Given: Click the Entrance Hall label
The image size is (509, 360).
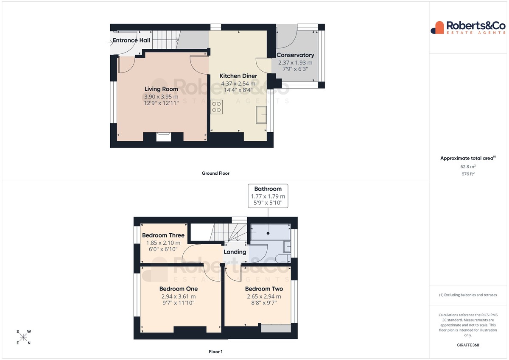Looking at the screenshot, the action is click(x=131, y=40).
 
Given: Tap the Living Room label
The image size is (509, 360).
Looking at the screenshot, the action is click(x=161, y=89).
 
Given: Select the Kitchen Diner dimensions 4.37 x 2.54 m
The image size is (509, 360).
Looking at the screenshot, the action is click(x=238, y=84).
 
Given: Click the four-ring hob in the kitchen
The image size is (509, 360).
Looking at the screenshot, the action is click(x=216, y=107).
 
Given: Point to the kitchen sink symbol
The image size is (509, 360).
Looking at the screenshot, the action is click(x=261, y=115).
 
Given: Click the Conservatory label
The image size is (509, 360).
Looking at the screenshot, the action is click(x=295, y=55).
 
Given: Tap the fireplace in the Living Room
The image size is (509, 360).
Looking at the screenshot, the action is click(x=164, y=137).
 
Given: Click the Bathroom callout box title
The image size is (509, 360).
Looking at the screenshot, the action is click(x=268, y=189).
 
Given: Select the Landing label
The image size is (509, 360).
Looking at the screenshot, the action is click(x=235, y=252).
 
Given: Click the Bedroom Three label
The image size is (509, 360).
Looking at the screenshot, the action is click(x=163, y=235).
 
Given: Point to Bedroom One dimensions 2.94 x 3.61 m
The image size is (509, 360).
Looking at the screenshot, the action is click(x=179, y=296).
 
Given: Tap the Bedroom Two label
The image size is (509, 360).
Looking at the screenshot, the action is click(x=264, y=289).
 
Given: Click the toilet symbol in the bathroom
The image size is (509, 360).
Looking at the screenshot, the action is click(x=282, y=259).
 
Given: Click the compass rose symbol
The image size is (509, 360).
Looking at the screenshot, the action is click(x=23, y=337).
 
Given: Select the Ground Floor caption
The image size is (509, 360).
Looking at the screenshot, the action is click(x=215, y=173).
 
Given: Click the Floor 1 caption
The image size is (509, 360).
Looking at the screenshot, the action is click(x=215, y=352).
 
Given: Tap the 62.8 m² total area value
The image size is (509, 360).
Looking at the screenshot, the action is click(x=468, y=167).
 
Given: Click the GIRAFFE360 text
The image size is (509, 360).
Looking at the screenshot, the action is click(x=468, y=345).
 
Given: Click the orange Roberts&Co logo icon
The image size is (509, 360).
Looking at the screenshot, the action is click(x=437, y=28).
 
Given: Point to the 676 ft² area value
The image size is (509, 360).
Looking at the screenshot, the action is click(x=468, y=174).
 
